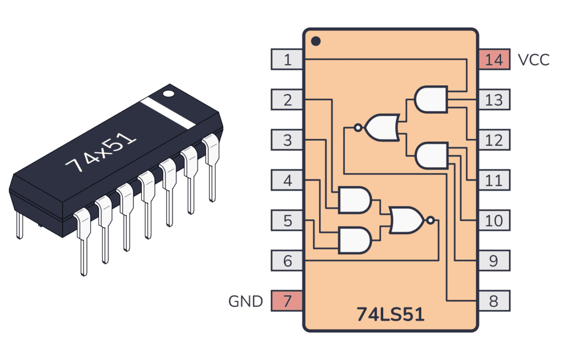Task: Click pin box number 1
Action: [287, 59]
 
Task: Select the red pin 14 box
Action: [494, 59]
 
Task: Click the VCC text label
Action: [533, 60]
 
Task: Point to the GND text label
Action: [245, 301]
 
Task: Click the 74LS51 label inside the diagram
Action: [390, 314]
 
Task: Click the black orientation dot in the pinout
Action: [316, 41]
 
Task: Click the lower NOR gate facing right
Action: [408, 220]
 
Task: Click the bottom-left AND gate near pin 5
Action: [354, 240]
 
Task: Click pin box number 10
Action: [494, 220]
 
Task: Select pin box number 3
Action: [287, 140]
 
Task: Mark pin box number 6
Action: [287, 260]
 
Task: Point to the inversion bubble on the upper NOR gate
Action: [358, 128]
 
